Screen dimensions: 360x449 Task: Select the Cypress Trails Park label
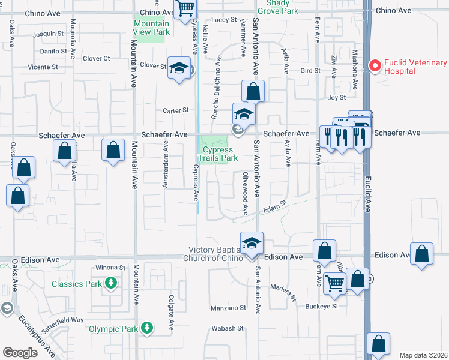(219, 154)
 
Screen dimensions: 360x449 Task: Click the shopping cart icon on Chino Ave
(186, 8)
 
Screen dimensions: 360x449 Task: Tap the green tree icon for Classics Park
(110, 282)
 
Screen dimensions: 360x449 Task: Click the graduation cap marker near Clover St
(179, 68)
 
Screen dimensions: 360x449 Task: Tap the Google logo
(20, 352)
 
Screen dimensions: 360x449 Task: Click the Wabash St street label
(227, 329)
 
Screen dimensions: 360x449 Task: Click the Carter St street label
(176, 110)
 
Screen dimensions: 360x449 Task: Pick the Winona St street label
(110, 268)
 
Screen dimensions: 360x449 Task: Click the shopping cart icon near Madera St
(335, 282)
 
